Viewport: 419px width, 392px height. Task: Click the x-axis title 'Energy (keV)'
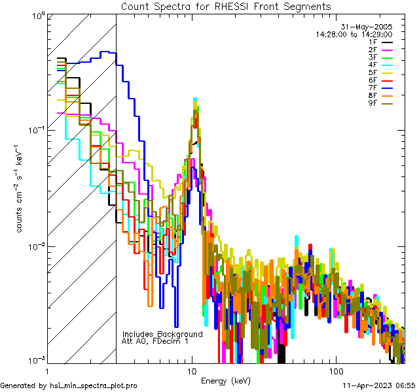pyautogui.click(x=226, y=380)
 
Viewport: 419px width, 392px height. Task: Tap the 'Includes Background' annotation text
pyautogui.click(x=162, y=334)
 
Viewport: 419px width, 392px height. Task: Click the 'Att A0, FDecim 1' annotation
pyautogui.click(x=155, y=341)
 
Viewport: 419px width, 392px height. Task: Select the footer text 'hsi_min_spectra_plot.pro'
pyautogui.click(x=94, y=386)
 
